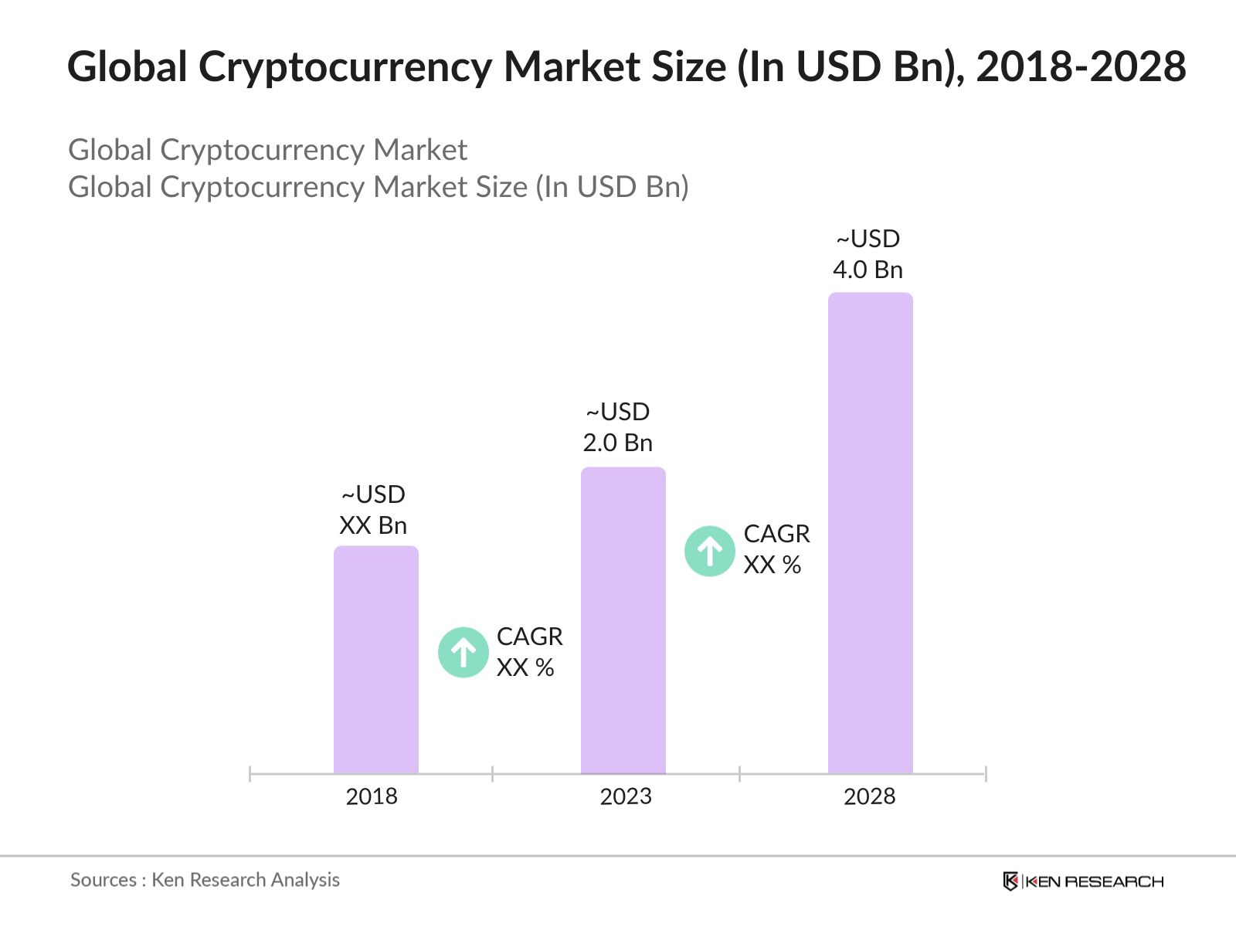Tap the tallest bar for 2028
coord(871,533)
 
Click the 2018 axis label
coord(372,796)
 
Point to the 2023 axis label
coord(626,796)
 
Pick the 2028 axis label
coord(869,796)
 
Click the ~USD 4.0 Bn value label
coord(868,254)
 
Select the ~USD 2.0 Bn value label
coord(618,427)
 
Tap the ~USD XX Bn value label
coord(373,510)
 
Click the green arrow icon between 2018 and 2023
coord(463,652)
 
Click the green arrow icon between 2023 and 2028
coord(710,551)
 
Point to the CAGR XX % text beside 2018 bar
coord(529,652)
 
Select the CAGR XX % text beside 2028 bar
coord(776,549)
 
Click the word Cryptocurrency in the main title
coord(345,67)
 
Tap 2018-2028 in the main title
coord(1081,67)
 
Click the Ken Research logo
coord(1083,881)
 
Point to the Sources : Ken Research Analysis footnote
coord(205,880)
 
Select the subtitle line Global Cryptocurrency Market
coord(267,150)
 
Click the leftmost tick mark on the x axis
coord(250,773)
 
